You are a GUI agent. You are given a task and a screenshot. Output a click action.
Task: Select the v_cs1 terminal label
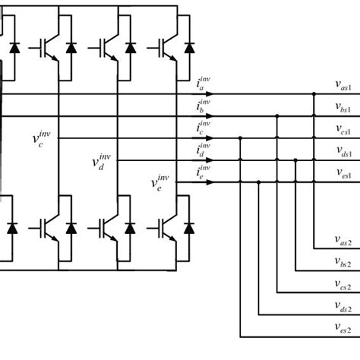point(339,131)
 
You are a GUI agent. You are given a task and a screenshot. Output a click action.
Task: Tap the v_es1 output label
point(339,175)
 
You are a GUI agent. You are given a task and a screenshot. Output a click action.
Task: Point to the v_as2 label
point(339,242)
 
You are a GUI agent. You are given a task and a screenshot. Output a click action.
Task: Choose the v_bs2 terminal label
point(339,263)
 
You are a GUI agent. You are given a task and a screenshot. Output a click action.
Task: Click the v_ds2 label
point(339,307)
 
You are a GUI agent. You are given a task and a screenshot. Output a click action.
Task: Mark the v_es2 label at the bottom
point(339,329)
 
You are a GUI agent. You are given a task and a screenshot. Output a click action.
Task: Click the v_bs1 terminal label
point(339,109)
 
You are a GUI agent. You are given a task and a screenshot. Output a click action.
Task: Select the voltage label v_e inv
point(160,182)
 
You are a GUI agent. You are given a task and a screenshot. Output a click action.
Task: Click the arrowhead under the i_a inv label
point(210,95)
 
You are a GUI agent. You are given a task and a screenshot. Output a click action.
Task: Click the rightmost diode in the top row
point(187,47)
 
